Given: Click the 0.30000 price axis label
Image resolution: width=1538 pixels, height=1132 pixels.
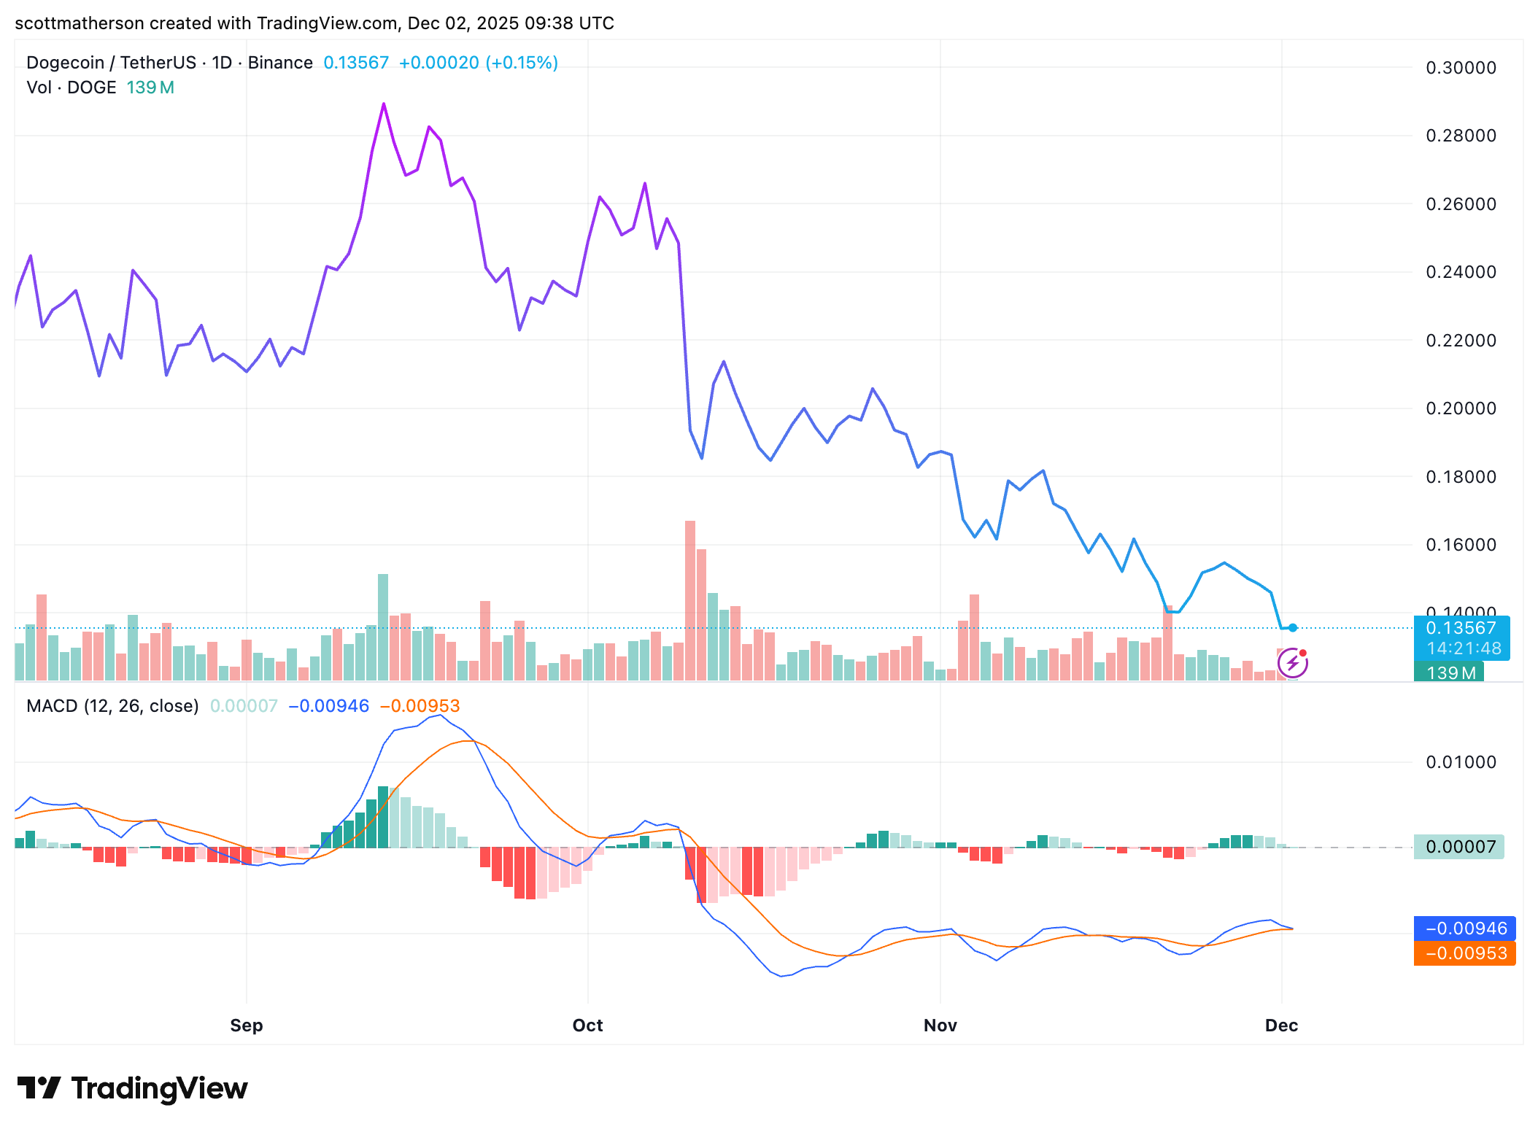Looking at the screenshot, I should tap(1460, 68).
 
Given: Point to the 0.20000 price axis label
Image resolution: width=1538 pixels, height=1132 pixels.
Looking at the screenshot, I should tap(1460, 408).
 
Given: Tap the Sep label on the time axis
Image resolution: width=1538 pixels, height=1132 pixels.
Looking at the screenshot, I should tap(246, 1025).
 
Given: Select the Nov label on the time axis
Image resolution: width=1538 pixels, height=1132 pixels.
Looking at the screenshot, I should tap(940, 1025).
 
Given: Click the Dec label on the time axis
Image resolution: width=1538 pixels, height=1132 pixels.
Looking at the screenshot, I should tap(1280, 1025).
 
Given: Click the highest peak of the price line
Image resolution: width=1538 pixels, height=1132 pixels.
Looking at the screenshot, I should tap(384, 105).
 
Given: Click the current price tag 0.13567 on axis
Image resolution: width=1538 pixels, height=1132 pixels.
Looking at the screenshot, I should tap(1461, 628).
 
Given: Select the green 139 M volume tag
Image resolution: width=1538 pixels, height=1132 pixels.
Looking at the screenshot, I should tap(1449, 672).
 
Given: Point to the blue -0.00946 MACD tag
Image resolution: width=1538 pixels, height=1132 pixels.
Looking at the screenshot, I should tap(1465, 929).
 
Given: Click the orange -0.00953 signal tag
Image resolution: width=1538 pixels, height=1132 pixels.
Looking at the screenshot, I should tap(1465, 953).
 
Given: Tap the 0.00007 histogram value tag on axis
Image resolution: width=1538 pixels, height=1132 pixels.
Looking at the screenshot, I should tap(1459, 847).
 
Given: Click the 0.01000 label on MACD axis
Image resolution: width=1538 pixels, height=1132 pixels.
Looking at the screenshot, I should tap(1460, 762).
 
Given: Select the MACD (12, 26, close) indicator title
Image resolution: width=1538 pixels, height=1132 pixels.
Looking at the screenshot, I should tap(112, 706).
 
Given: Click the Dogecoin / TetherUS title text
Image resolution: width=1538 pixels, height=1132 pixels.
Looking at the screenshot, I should tap(111, 63).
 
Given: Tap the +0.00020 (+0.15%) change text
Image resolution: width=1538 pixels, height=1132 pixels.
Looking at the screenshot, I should tap(478, 63).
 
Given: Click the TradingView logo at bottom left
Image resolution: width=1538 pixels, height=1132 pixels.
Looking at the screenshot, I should tap(133, 1088).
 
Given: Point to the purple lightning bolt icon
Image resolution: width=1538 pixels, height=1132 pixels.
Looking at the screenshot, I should tap(1292, 663).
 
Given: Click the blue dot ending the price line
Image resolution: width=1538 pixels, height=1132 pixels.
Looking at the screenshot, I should tap(1293, 628).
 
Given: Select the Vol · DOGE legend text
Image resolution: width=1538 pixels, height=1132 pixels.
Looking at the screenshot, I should tap(72, 88).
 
